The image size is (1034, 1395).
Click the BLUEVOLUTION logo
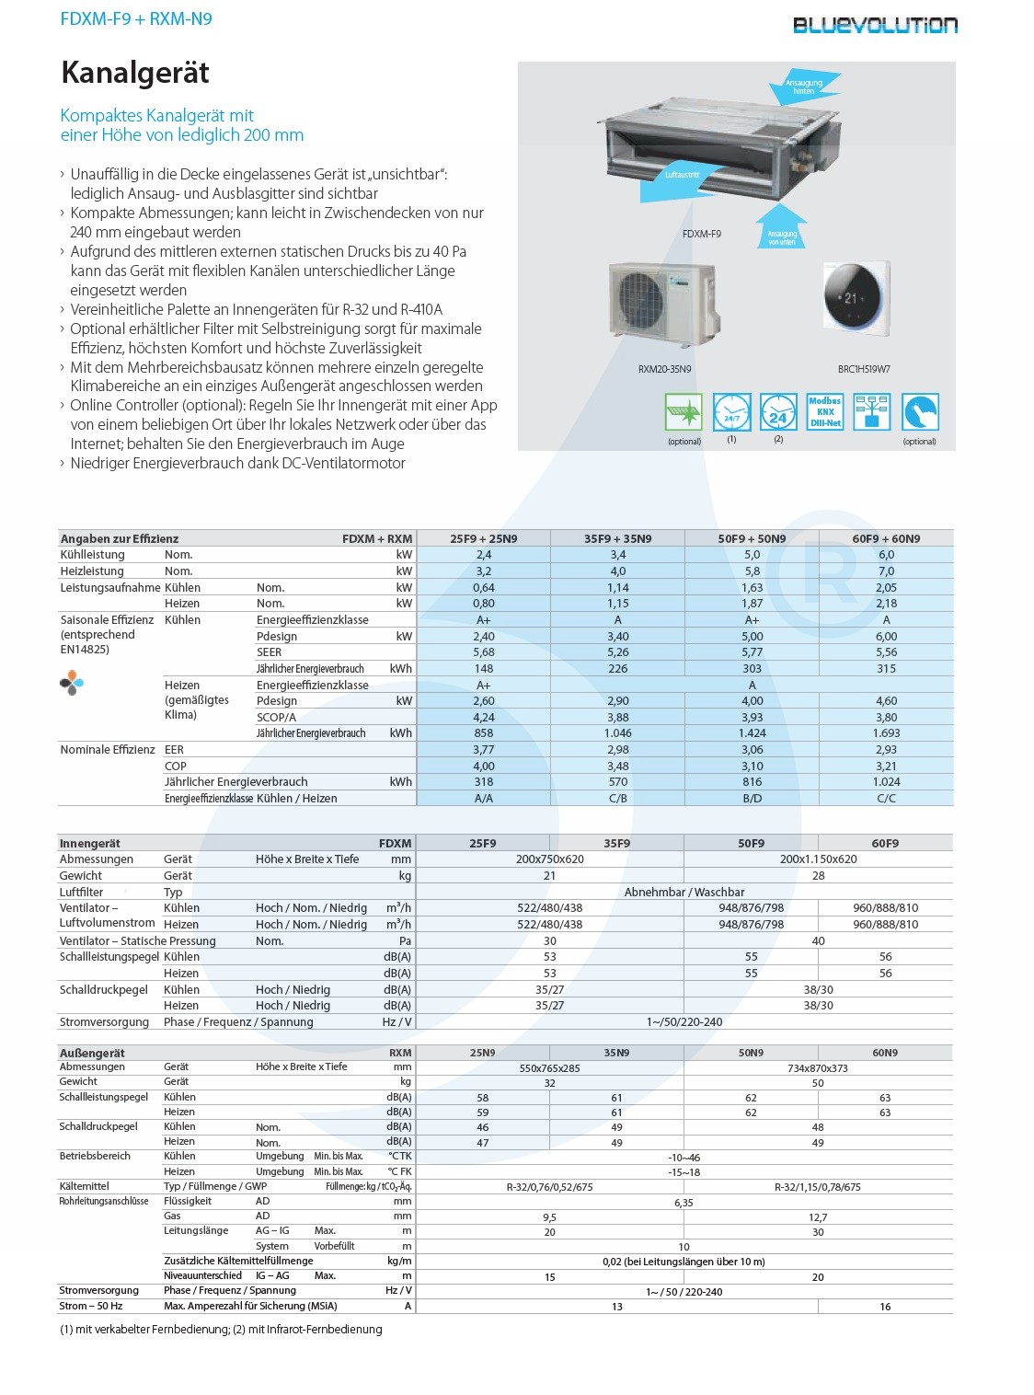click(875, 25)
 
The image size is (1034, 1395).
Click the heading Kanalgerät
click(135, 73)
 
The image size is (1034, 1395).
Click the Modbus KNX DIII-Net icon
click(825, 412)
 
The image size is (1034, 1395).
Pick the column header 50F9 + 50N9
click(752, 538)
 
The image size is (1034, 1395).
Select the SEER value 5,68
click(484, 652)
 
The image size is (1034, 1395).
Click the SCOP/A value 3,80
click(886, 717)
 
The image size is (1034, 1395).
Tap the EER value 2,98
click(618, 750)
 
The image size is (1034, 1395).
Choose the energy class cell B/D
click(752, 799)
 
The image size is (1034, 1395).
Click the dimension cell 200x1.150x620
click(818, 859)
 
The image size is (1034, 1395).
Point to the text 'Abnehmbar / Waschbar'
click(684, 893)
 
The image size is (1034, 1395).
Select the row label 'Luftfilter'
click(82, 893)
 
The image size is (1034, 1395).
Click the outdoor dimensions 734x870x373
click(818, 1068)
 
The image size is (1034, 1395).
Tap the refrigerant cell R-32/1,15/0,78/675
click(818, 1187)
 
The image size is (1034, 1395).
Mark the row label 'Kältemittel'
click(85, 1186)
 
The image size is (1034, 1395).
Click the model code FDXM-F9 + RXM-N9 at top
click(136, 18)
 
